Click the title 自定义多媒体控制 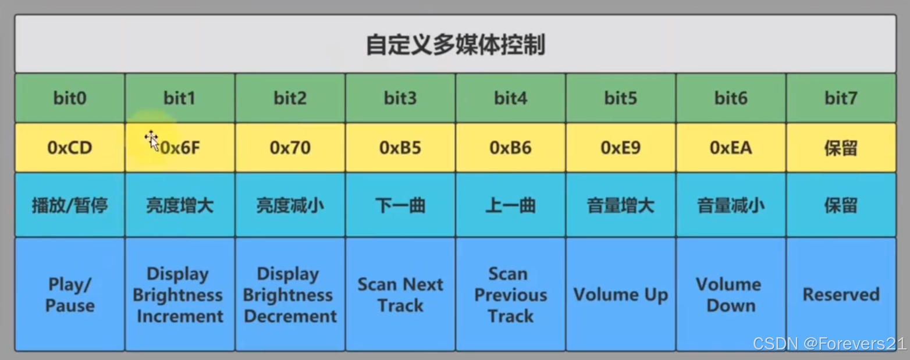coord(455,45)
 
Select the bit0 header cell coord(70,98)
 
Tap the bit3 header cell coord(400,98)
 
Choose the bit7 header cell coord(841,98)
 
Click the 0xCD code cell coord(70,148)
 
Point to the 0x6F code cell coord(180,148)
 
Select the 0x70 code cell coord(290,148)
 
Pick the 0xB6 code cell coord(510,148)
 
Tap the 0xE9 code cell coord(621,148)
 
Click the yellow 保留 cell coord(841,148)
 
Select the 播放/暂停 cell coord(70,205)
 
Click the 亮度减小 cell coord(290,205)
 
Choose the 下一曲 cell coord(400,205)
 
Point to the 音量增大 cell coord(621,205)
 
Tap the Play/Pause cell coord(70,295)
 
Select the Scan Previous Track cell coord(510,295)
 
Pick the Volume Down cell coord(730,295)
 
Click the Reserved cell coord(841,295)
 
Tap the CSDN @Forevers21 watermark coord(829,344)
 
